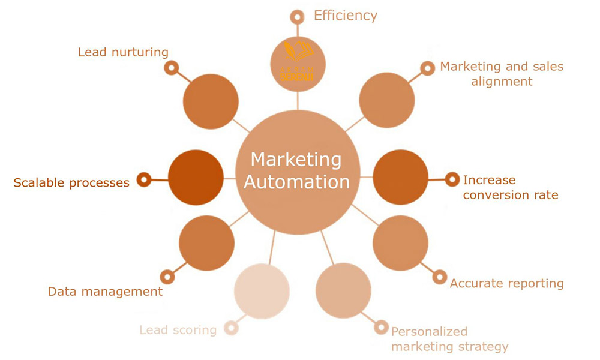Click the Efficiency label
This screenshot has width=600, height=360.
click(x=346, y=16)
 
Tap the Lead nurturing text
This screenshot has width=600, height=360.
click(x=123, y=52)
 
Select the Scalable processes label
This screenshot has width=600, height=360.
click(x=71, y=182)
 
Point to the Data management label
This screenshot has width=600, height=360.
click(x=105, y=292)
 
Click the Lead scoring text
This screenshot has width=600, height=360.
click(x=178, y=329)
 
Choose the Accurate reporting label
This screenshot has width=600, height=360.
click(x=506, y=283)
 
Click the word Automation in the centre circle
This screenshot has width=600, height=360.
click(x=297, y=181)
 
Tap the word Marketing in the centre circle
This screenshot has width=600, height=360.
click(x=296, y=160)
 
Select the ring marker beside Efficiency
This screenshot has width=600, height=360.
click(x=296, y=16)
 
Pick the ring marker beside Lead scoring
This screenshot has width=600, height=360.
click(x=230, y=328)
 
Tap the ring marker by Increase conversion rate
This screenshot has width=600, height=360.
click(x=452, y=178)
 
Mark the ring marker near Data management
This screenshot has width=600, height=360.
click(x=167, y=277)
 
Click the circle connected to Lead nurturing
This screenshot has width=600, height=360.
click(x=210, y=101)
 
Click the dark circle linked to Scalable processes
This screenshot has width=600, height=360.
click(x=196, y=178)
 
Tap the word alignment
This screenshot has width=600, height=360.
click(x=502, y=81)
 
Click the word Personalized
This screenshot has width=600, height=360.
click(x=429, y=331)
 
